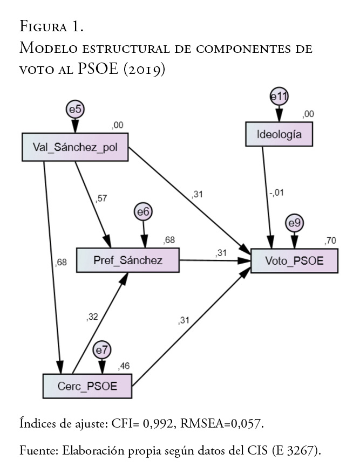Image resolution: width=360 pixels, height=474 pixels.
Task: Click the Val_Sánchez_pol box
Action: [x=74, y=147]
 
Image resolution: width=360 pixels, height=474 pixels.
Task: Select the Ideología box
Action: [x=279, y=134]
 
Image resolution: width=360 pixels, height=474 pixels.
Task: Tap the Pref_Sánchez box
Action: [x=127, y=260]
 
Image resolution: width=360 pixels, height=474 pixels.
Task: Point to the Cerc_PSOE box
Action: [x=87, y=386]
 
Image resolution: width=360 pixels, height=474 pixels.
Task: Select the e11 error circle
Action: [x=279, y=97]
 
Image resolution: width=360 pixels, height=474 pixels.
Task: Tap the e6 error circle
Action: [x=143, y=213]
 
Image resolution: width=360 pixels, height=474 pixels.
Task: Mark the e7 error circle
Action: [x=102, y=351]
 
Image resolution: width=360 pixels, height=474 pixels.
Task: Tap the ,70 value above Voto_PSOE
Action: [x=329, y=241]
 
